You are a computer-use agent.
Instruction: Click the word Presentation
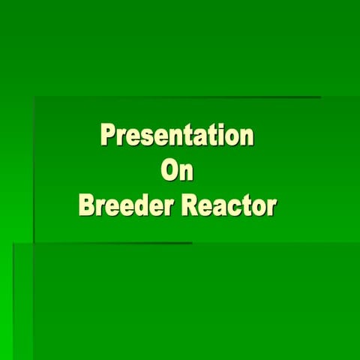(177, 136)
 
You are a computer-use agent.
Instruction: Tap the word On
(178, 171)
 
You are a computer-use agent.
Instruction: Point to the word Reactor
(224, 205)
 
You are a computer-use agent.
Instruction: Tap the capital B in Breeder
(87, 205)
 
